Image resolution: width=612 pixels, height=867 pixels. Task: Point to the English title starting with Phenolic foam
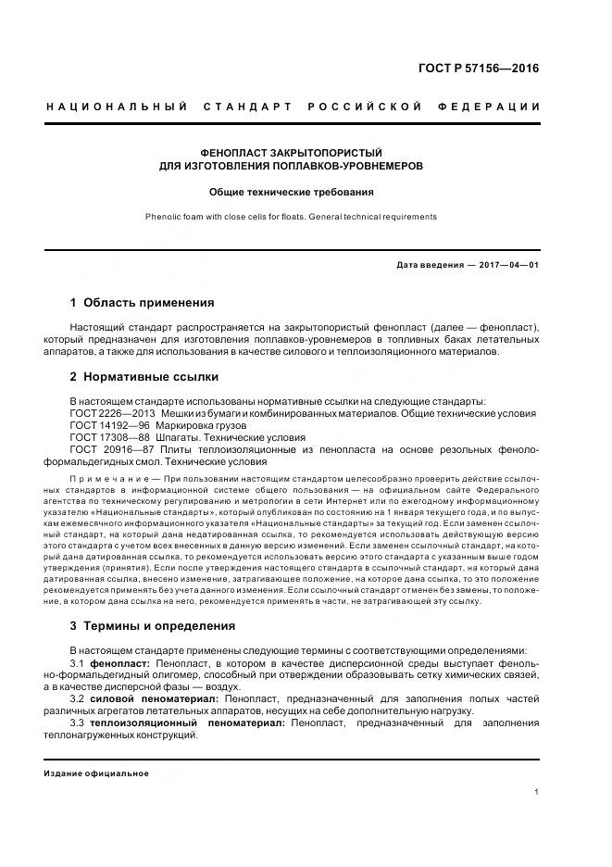click(x=292, y=217)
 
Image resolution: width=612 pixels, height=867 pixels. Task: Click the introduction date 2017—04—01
click(x=508, y=265)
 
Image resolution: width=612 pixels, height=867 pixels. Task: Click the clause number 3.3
click(x=78, y=722)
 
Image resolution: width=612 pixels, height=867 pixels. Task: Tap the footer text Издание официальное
click(x=95, y=773)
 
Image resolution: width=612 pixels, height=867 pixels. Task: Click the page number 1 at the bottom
click(x=537, y=792)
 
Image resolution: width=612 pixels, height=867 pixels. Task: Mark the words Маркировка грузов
click(x=204, y=425)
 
